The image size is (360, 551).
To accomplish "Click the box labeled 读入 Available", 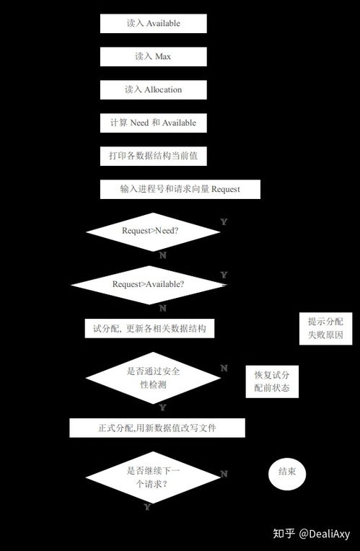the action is point(153,24).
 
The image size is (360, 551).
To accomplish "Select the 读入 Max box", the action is point(153,56).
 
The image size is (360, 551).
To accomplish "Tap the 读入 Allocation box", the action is point(153,89).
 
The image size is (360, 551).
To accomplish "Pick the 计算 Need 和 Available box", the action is point(153,123).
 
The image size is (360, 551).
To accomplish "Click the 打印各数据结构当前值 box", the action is point(153,156).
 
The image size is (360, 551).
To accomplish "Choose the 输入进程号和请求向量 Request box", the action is point(180,189).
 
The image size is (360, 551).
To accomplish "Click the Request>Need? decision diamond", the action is point(153,232).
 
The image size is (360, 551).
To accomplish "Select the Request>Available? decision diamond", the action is point(148,285).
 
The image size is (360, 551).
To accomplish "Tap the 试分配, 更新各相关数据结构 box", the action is point(149,328).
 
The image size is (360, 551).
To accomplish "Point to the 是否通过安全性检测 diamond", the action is point(153,378).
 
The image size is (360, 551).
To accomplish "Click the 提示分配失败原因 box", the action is point(325,328).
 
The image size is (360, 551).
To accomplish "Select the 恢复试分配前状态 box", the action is point(272,382).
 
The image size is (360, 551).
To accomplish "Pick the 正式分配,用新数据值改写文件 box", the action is point(157,428).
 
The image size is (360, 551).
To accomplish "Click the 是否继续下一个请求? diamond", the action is point(153,477).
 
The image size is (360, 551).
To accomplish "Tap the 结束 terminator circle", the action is point(287,473).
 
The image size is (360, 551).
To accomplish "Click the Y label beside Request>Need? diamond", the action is point(224,221).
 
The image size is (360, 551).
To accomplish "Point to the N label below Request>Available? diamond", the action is point(162,308).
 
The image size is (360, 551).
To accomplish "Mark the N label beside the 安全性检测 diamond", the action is point(224,368).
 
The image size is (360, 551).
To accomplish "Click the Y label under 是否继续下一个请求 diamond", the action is point(147,507).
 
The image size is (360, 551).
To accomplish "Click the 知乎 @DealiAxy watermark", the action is point(312,534).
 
